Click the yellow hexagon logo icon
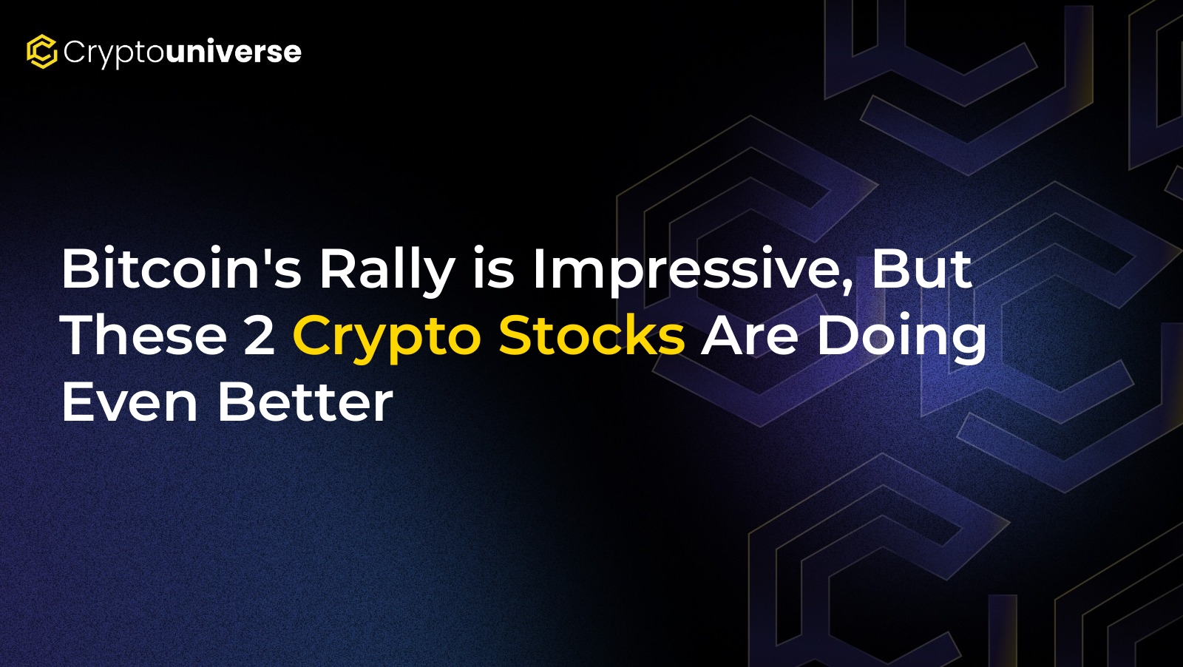click(x=41, y=52)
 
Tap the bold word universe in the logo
click(x=234, y=51)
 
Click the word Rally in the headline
click(x=387, y=271)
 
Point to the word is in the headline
click(x=493, y=268)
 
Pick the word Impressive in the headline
click(x=687, y=271)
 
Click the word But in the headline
click(x=921, y=268)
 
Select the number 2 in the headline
click(x=260, y=335)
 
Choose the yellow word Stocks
click(x=592, y=334)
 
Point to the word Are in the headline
click(x=749, y=335)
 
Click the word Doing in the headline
click(x=901, y=338)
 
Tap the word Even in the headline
click(x=130, y=402)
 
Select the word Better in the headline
click(x=305, y=402)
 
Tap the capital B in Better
click(x=236, y=402)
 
